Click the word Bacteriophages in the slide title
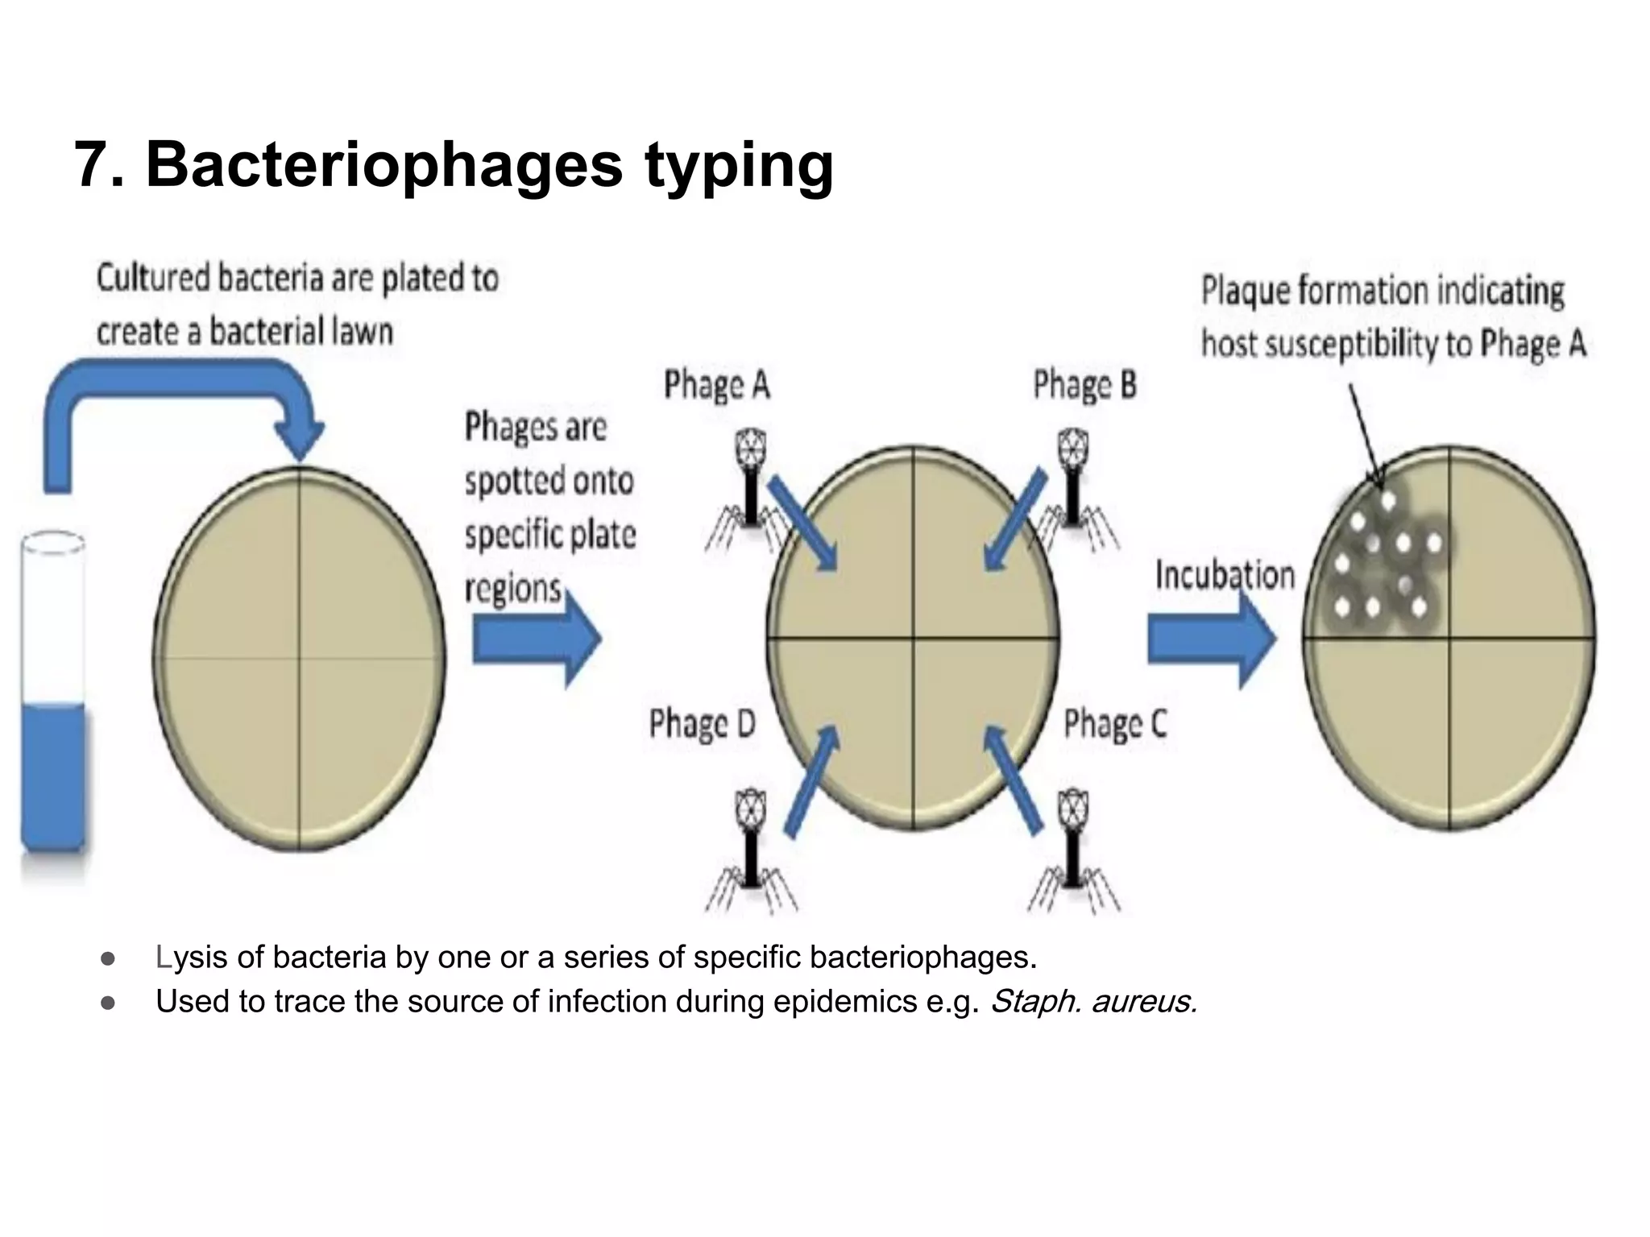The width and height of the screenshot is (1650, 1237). coord(383,165)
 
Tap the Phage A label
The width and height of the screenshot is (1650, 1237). coord(716,385)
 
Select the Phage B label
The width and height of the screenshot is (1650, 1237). coord(1084,385)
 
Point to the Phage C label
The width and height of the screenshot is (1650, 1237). coord(1114,723)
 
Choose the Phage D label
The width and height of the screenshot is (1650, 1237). coord(702,723)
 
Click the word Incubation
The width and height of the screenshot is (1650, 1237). coord(1225,575)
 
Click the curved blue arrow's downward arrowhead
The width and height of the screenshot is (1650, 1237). coord(299,439)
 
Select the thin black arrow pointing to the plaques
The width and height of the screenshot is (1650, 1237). coord(1366,435)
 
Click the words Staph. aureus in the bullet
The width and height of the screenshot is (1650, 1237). coord(1093,1002)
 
